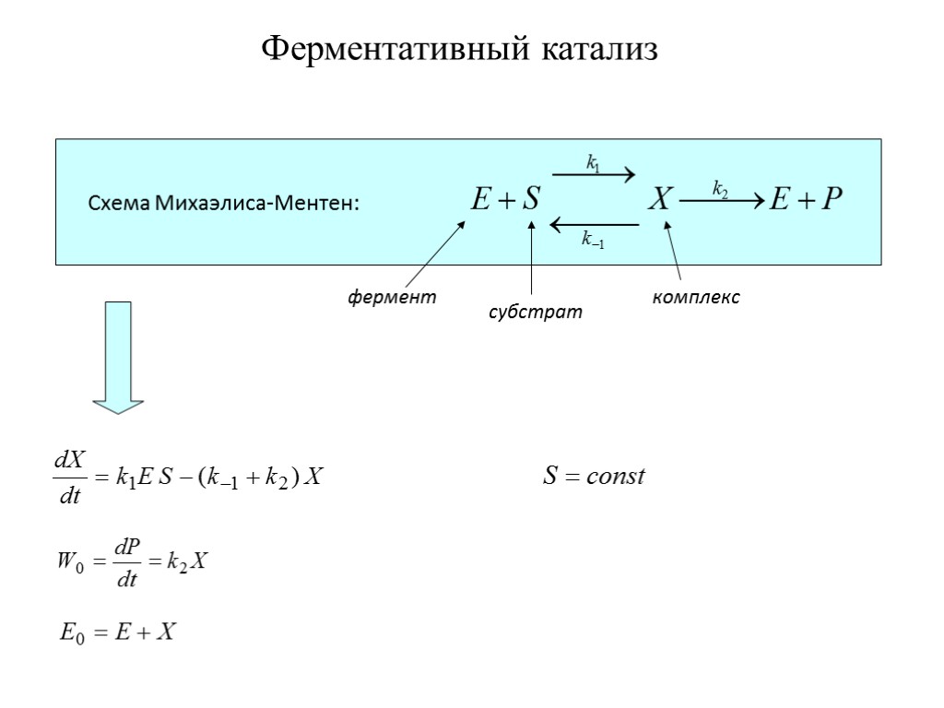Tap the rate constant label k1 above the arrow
point(594,163)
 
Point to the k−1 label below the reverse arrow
point(593,241)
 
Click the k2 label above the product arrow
point(720,189)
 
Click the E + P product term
point(808,199)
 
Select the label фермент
point(391,298)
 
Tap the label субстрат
point(536,313)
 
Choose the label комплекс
point(696,298)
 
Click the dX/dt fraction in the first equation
point(69,478)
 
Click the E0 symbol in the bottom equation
point(72,632)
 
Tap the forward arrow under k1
point(594,174)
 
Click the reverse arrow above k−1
point(594,223)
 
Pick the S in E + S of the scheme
point(529,199)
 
